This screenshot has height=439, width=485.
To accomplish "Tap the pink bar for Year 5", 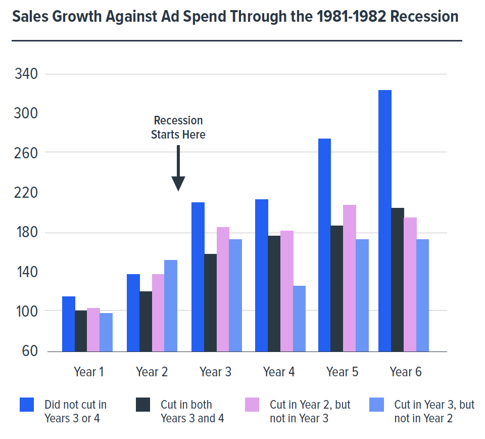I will [x=350, y=278].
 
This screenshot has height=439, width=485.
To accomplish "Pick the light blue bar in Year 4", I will [x=299, y=318].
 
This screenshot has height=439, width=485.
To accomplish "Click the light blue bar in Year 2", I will [x=171, y=305].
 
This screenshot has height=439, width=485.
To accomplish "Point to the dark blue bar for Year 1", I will [x=68, y=324].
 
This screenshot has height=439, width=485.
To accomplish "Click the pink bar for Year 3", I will [x=223, y=289].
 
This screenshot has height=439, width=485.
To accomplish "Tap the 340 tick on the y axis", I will [x=26, y=74].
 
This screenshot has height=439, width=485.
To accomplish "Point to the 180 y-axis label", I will [x=26, y=233].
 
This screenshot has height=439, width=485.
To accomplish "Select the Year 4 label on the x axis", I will [x=279, y=372].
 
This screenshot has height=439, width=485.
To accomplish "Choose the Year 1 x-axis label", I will [x=88, y=372].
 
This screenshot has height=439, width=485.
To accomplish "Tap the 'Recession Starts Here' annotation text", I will [x=178, y=127].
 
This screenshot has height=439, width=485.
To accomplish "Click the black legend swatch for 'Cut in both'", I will [x=143, y=405].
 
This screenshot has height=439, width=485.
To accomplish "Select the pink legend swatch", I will [x=252, y=405].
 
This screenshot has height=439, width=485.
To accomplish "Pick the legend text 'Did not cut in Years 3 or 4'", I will [x=75, y=411].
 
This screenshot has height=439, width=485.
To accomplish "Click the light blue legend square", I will [x=376, y=405].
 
